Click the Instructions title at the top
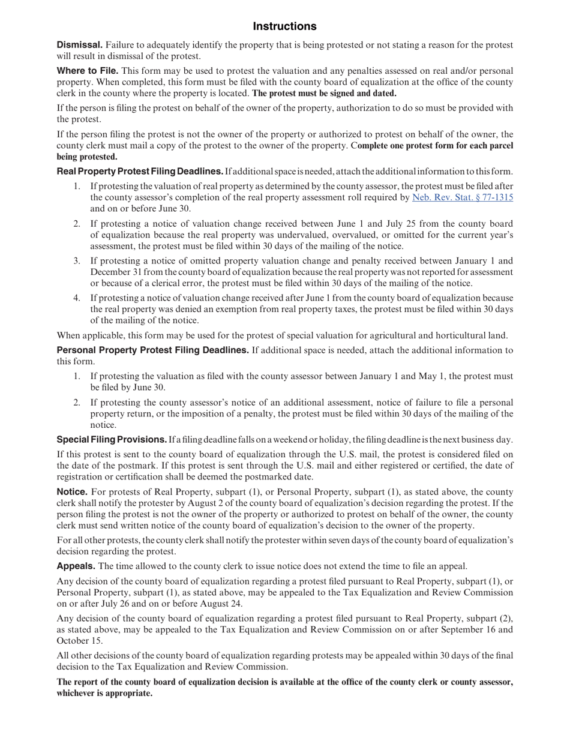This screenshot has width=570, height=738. point(284,26)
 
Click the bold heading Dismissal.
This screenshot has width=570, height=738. point(79,45)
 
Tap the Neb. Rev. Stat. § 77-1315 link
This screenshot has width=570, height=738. point(462,197)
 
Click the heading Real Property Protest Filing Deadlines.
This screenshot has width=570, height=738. point(140,172)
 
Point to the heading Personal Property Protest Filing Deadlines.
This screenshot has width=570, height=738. point(152,350)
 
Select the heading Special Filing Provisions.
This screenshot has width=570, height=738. point(112,440)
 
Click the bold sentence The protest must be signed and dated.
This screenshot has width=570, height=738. point(324,94)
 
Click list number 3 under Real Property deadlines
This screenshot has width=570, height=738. point(77,261)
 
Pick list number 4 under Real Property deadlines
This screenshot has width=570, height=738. point(77,298)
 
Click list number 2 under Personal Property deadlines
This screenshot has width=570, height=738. point(77,403)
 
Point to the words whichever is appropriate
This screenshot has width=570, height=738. point(104,694)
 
